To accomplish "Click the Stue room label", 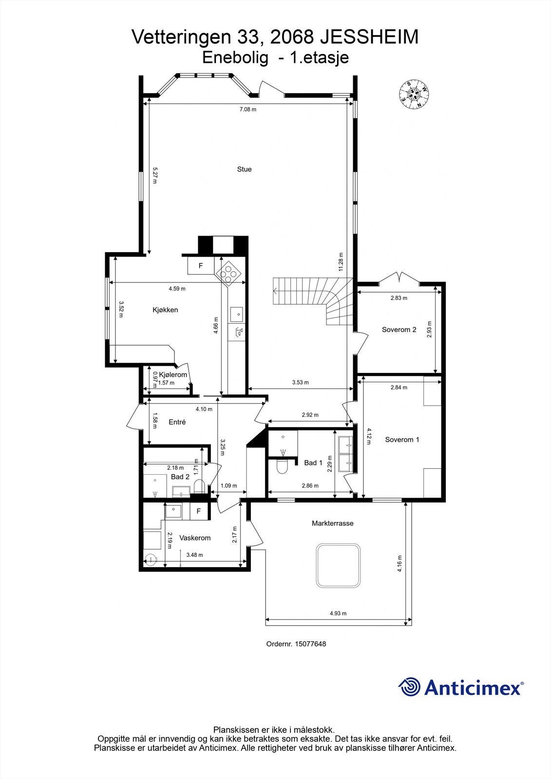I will (x=244, y=169).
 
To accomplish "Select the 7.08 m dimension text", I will (x=247, y=110).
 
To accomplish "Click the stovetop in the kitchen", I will (x=228, y=275).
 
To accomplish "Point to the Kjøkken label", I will (x=165, y=310).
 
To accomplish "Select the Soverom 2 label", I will (x=399, y=330).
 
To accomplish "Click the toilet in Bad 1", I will (x=282, y=468).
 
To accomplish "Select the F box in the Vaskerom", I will (x=198, y=511).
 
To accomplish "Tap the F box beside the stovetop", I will (x=200, y=266).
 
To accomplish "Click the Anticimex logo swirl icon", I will (x=409, y=687).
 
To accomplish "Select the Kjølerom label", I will (x=173, y=375).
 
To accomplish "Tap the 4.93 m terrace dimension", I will (x=338, y=613).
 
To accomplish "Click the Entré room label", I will (x=177, y=422).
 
